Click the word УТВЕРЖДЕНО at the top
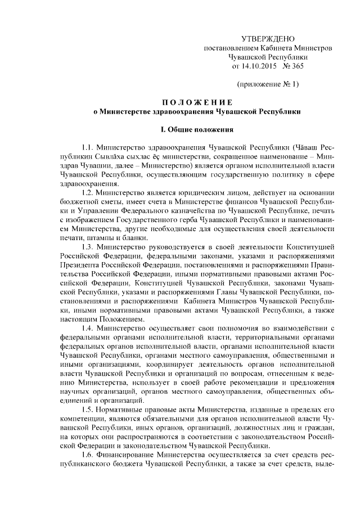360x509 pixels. coord(267,39)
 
